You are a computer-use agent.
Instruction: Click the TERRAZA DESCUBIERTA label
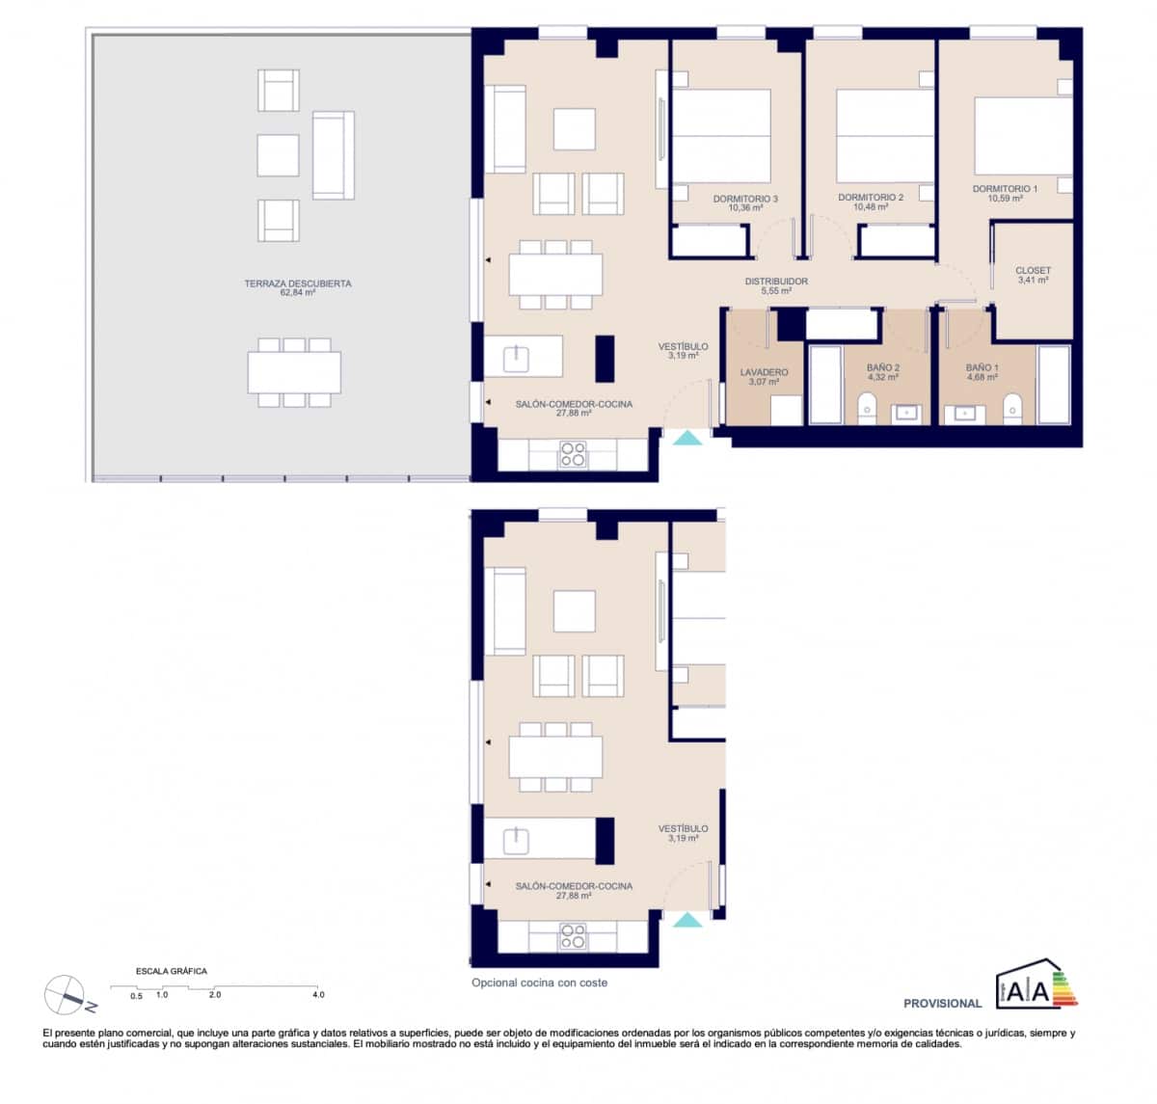(297, 284)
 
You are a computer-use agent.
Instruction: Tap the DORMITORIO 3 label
(745, 200)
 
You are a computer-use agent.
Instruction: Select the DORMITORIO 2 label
(871, 199)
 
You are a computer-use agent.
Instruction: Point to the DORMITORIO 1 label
(1005, 190)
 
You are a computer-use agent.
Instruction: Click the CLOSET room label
(1033, 272)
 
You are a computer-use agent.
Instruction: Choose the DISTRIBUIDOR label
(776, 283)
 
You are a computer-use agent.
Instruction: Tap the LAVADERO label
(764, 373)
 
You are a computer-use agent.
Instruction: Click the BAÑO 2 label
(882, 368)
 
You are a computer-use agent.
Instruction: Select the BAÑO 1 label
(982, 368)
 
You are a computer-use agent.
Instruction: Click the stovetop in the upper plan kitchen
(573, 454)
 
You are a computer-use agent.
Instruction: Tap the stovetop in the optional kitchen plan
(573, 936)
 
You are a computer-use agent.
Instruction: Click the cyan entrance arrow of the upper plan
(687, 439)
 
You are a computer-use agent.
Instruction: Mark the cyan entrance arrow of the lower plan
(687, 921)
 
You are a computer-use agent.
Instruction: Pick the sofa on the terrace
(333, 155)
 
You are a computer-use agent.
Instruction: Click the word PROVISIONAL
(942, 1004)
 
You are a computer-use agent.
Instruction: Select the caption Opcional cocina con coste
(539, 983)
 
